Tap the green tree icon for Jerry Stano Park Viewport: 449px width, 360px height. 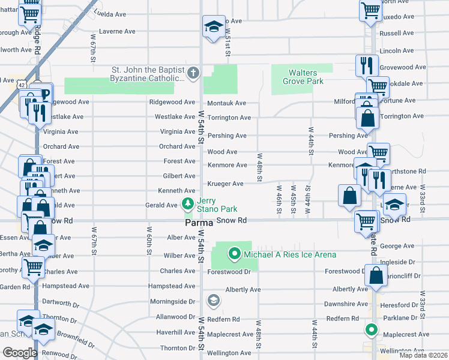pos(188,204)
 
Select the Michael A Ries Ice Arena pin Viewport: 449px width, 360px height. pos(235,254)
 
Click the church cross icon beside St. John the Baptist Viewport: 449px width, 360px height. pos(193,74)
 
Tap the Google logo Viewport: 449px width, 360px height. pos(19,352)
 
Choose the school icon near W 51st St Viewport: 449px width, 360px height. pos(212,27)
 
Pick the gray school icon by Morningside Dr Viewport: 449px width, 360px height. pos(213,299)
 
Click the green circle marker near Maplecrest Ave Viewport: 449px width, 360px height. pos(372,329)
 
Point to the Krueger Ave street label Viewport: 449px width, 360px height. pos(225,184)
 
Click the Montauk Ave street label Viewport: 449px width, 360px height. pos(227,103)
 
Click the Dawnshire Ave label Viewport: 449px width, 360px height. pos(345,304)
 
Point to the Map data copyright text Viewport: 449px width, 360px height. pos(423,355)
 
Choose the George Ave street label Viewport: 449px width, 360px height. pos(397,246)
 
